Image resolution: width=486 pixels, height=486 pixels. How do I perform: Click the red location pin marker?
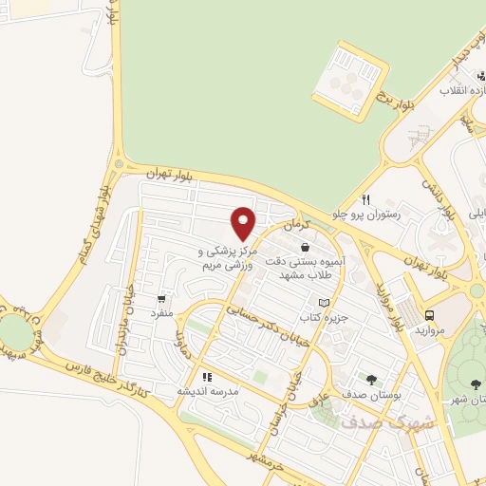click(244, 222)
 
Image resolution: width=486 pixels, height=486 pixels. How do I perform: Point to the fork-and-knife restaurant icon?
click(365, 199)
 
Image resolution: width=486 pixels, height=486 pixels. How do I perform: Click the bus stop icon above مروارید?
click(430, 315)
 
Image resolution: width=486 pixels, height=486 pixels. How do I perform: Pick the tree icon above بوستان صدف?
click(371, 379)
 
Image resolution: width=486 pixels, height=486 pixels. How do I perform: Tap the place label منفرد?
click(162, 311)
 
